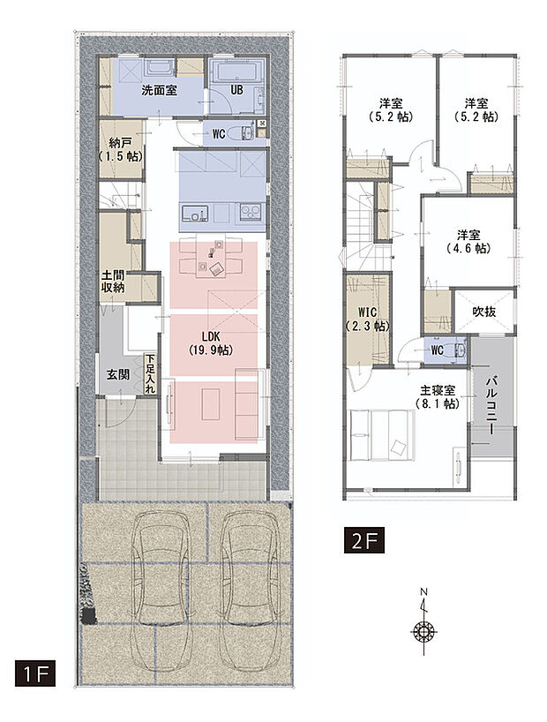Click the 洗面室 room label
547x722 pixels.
(159, 91)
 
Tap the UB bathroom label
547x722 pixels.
(236, 91)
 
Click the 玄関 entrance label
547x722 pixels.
(119, 374)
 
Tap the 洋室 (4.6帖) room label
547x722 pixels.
(468, 241)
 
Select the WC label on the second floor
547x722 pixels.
(436, 350)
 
